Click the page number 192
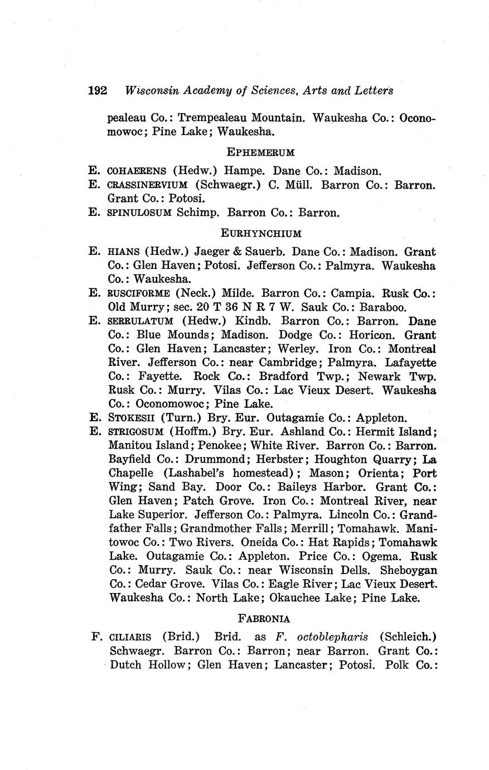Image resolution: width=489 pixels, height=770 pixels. tap(98, 90)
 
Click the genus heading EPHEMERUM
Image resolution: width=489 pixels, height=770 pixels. tap(260, 152)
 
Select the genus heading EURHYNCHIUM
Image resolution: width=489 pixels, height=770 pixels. tap(261, 233)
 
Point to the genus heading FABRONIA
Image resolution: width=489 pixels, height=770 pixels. tap(264, 618)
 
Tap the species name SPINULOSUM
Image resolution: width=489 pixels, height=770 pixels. tap(139, 213)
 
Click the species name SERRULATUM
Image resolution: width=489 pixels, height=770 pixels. tap(142, 321)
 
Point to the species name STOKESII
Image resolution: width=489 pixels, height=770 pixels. tap(132, 418)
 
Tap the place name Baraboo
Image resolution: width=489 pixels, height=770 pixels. tap(384, 307)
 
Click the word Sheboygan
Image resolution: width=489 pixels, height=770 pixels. tap(409, 571)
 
